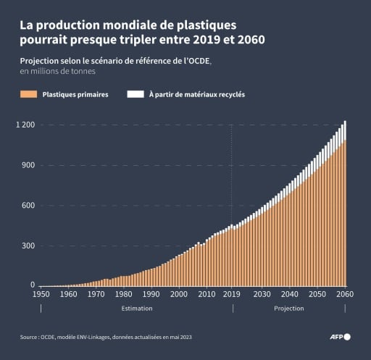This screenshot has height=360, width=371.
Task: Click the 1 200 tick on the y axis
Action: pyautogui.click(x=26, y=125)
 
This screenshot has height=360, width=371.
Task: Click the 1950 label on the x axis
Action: pyautogui.click(x=41, y=295)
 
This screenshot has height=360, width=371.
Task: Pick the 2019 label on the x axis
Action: pyautogui.click(x=232, y=295)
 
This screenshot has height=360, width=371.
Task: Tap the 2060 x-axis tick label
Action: pyautogui.click(x=345, y=295)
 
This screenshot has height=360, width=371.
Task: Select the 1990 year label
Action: pyautogui.click(x=151, y=295)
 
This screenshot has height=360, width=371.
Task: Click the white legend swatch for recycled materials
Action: pyautogui.click(x=134, y=95)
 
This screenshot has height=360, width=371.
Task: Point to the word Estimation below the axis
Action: pyautogui.click(x=136, y=309)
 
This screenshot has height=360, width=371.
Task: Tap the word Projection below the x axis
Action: pyautogui.click(x=288, y=309)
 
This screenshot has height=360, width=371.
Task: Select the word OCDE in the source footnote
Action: pyautogui.click(x=49, y=337)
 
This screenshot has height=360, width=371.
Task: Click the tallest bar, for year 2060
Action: pyautogui.click(x=345, y=210)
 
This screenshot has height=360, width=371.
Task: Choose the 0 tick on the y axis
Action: pyautogui.click(x=33, y=285)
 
